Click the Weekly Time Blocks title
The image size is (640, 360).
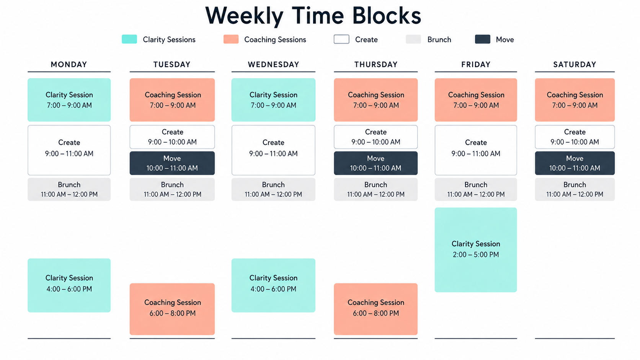pos(313,15)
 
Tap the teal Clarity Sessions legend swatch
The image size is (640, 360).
pos(129,39)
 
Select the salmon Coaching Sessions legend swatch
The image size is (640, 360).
pos(231,39)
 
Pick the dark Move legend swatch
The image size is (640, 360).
pos(483,39)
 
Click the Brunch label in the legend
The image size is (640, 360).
pos(439,39)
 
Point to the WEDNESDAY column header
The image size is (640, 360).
pos(273,65)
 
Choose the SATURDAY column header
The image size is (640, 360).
pos(575,65)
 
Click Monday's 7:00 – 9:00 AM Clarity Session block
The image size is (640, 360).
pos(69,100)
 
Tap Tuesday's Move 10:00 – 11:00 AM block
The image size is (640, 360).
pos(172,163)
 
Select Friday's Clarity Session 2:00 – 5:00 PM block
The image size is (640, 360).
pos(476,250)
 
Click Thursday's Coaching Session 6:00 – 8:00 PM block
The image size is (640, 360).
pos(376,309)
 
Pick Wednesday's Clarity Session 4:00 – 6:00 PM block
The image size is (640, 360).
pos(273,285)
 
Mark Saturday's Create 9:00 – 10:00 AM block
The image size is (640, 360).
pos(575,137)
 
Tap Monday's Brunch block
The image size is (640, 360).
pos(69,189)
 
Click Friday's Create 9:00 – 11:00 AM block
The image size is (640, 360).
pos(476,150)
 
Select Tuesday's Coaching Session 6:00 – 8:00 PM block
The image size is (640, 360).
pos(172,309)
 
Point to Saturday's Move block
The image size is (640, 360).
pos(575,163)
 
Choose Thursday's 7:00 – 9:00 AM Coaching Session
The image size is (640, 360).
pos(376,100)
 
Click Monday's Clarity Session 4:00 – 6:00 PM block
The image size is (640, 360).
pos(69,285)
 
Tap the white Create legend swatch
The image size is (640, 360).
pos(341,39)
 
